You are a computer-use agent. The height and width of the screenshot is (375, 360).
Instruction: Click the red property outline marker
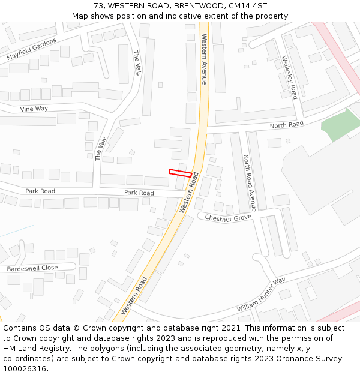pyautogui.click(x=181, y=173)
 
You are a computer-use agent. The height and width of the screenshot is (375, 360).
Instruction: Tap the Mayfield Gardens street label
pyautogui.click(x=31, y=49)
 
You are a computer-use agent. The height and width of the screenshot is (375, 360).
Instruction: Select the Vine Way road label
pyautogui.click(x=34, y=109)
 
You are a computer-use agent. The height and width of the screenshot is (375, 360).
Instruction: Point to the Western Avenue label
pyautogui.click(x=205, y=59)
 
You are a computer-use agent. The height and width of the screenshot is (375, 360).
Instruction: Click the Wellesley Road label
pyautogui.click(x=290, y=77)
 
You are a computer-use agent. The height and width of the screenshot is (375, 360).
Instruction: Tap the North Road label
pyautogui.click(x=286, y=125)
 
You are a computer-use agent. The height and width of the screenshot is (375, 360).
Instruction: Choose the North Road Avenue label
pyautogui.click(x=250, y=182)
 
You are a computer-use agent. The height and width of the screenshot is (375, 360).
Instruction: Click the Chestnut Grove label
pyautogui.click(x=228, y=217)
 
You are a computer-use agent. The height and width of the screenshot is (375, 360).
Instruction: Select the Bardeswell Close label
pyautogui.click(x=32, y=268)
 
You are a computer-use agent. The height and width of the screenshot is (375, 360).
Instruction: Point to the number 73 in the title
pyautogui.click(x=98, y=6)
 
